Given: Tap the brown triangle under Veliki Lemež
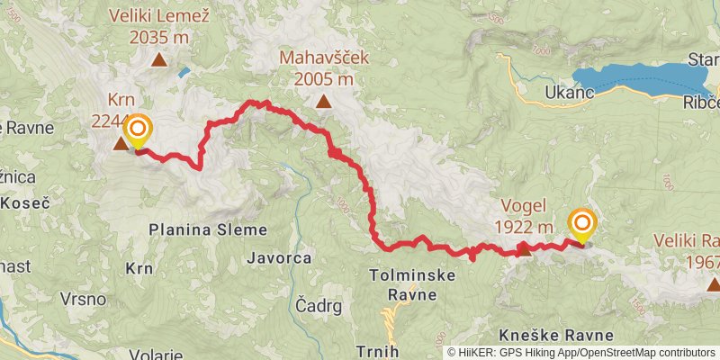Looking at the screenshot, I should pyautogui.click(x=158, y=60).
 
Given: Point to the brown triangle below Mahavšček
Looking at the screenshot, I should pyautogui.click(x=323, y=102).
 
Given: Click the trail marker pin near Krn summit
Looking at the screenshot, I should pyautogui.click(x=136, y=130).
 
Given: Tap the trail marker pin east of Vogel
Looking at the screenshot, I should pyautogui.click(x=581, y=225).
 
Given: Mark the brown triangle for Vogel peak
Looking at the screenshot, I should pyautogui.click(x=524, y=250).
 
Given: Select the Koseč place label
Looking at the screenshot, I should pyautogui.click(x=25, y=203).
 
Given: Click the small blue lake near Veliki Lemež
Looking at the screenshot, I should pyautogui.click(x=183, y=71).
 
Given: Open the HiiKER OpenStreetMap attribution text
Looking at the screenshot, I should pyautogui.click(x=582, y=352).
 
